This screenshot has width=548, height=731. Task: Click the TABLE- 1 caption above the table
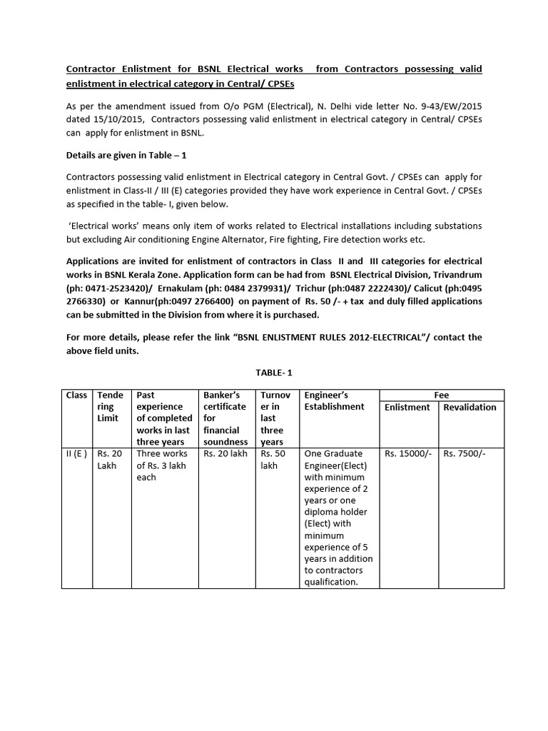[x=275, y=373]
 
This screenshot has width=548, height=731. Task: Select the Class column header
[x=76, y=395]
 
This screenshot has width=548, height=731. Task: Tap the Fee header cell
[x=441, y=395]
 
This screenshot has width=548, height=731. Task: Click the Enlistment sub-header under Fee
[x=407, y=407]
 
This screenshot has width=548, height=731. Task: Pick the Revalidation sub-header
[x=470, y=407]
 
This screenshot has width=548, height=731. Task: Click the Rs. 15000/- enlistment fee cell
[x=408, y=453]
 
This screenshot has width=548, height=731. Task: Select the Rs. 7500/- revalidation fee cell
[x=465, y=453]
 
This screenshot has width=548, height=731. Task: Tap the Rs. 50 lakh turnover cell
[x=273, y=459]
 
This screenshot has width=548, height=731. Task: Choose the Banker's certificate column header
[x=225, y=418]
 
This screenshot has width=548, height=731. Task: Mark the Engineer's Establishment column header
[x=334, y=400]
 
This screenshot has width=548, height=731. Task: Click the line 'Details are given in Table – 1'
[x=126, y=155]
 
